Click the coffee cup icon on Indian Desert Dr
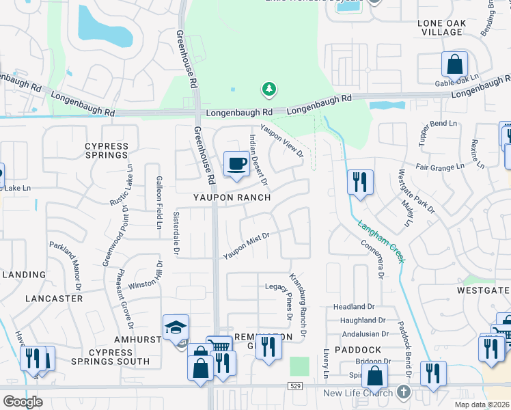click(x=236, y=164)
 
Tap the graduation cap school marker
click(x=176, y=328)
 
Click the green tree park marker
click(x=269, y=89)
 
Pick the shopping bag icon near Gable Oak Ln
click(x=454, y=65)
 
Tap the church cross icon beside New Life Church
click(x=403, y=393)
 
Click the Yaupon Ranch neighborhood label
click(x=231, y=197)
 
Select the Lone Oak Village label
click(x=441, y=27)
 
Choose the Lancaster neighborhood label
click(x=54, y=299)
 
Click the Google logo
click(x=23, y=402)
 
